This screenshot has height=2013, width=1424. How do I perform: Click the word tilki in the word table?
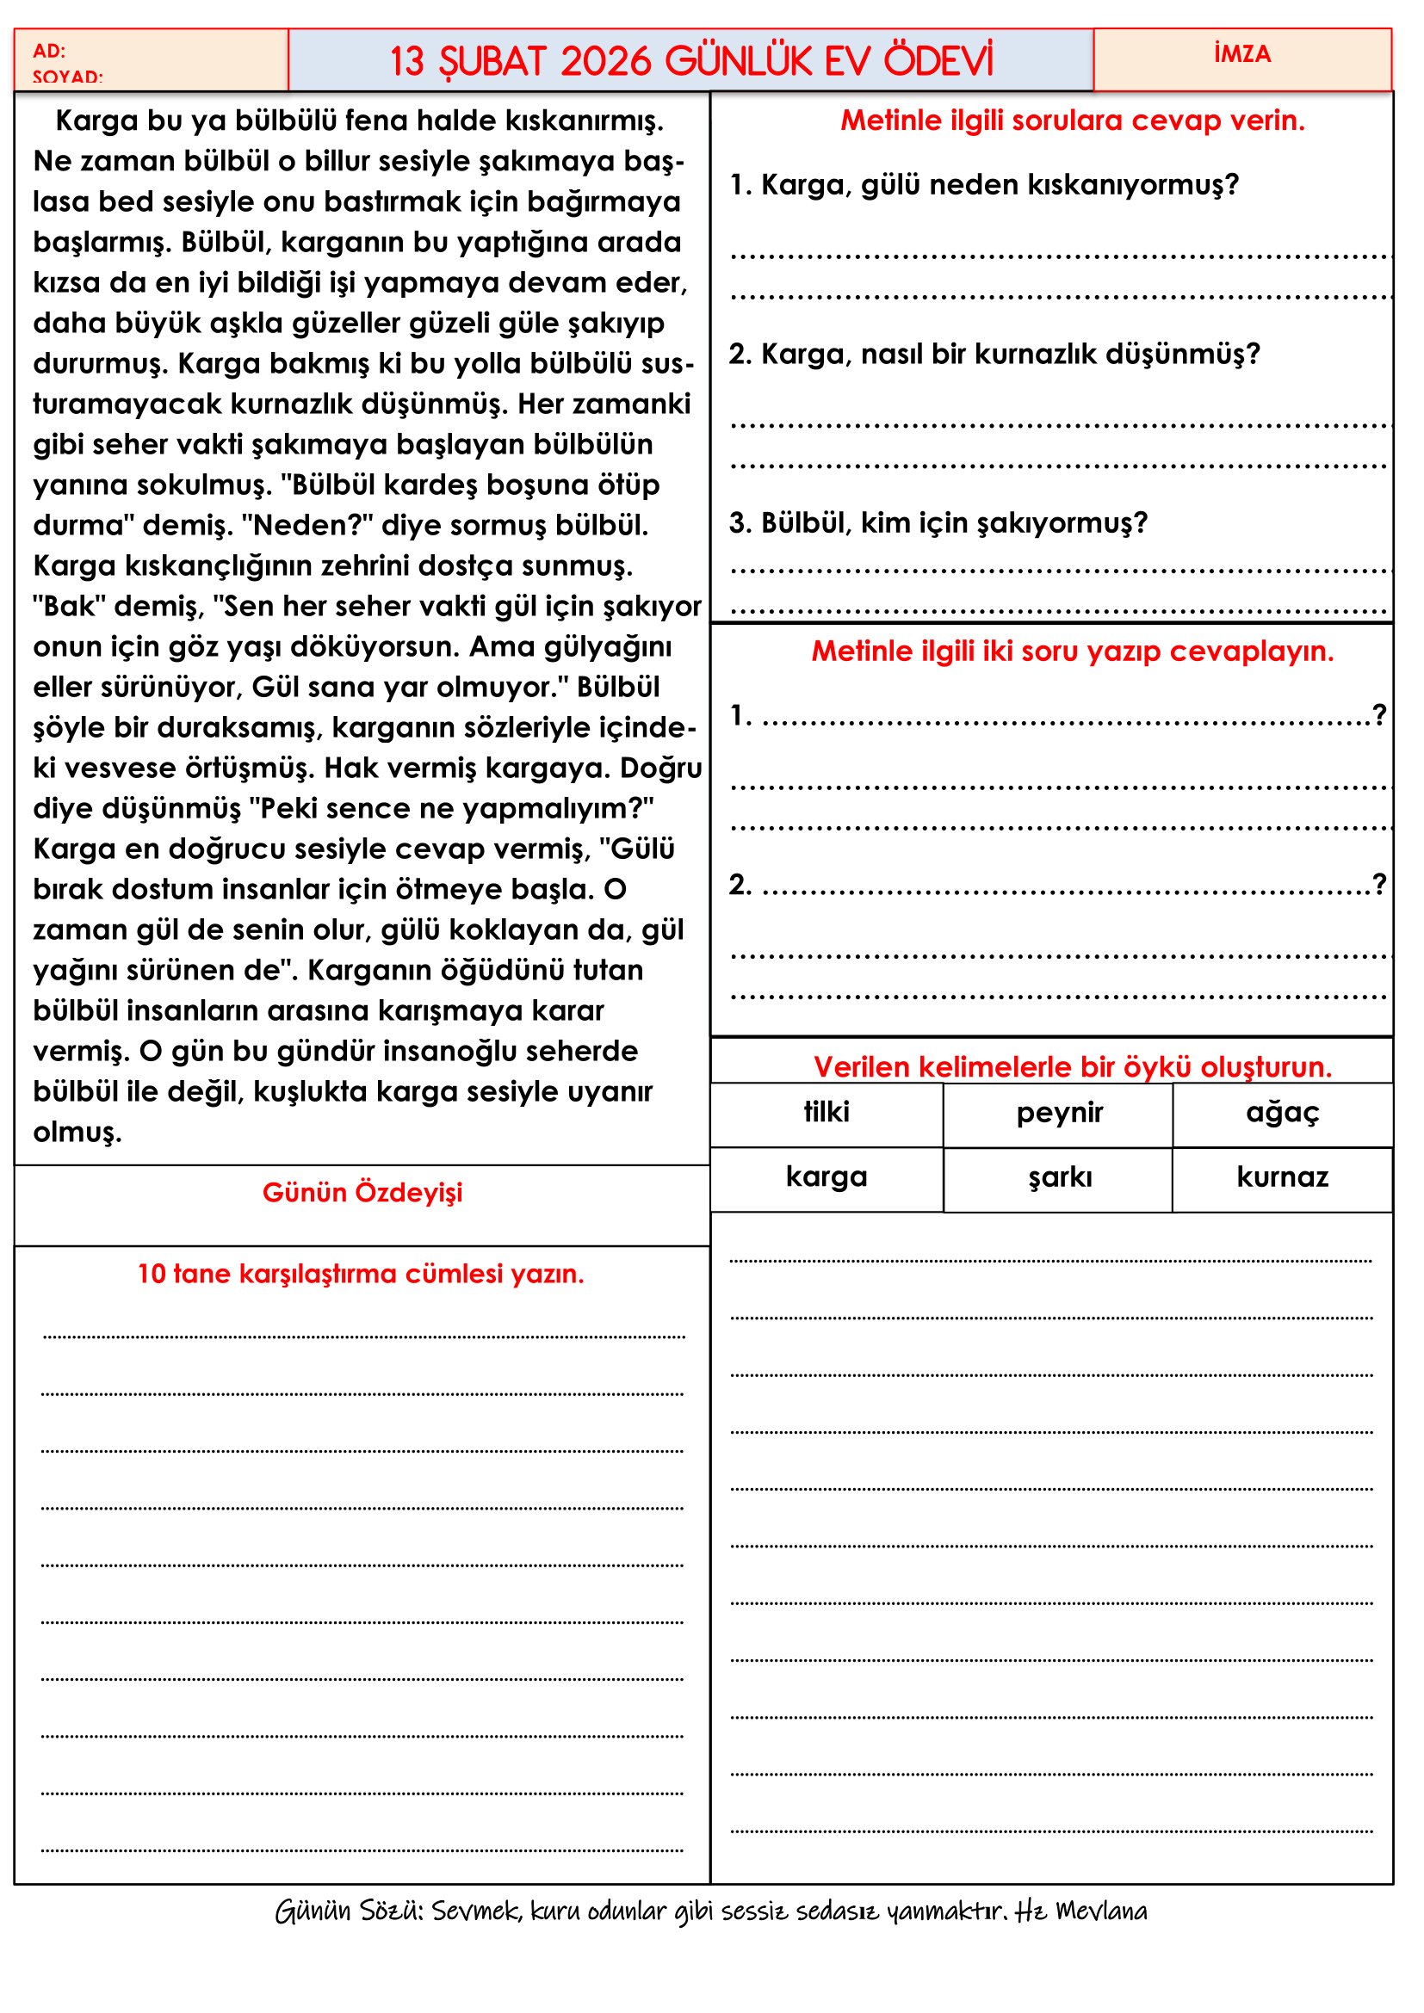(826, 1112)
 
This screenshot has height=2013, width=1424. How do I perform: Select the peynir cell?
(1059, 1113)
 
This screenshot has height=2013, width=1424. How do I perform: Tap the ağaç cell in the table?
(1282, 1113)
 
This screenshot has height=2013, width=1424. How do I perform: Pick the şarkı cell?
(1059, 1176)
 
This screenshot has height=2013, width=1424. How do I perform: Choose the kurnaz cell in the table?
(1282, 1176)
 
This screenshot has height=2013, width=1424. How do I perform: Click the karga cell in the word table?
(826, 1176)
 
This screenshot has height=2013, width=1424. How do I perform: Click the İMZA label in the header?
(1241, 54)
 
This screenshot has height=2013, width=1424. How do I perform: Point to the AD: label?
(49, 51)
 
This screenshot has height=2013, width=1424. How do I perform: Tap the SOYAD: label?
(67, 77)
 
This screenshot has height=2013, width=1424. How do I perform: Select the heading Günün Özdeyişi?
(362, 1192)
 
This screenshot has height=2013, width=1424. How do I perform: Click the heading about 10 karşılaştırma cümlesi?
(361, 1273)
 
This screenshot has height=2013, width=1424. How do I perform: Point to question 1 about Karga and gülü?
(983, 185)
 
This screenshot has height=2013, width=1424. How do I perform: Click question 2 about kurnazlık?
(994, 355)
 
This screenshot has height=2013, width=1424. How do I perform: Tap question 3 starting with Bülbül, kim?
(938, 523)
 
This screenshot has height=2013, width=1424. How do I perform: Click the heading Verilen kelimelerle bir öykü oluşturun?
(1073, 1067)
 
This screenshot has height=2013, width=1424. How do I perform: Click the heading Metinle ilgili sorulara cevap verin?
(1073, 121)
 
